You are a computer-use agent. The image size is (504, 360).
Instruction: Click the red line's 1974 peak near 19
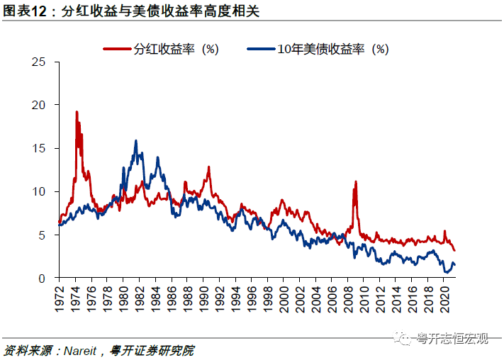pos(77,112)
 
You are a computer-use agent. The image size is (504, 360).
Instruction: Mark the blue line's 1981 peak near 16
pos(135,141)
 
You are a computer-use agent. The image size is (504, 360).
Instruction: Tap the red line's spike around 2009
pos(355,182)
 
